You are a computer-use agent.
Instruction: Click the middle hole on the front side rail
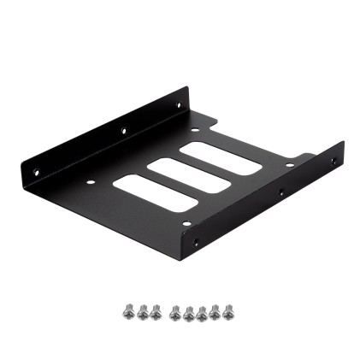tap(280, 193)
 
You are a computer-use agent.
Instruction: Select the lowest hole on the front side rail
tap(196, 242)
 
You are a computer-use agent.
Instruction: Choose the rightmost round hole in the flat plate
tap(290, 165)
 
